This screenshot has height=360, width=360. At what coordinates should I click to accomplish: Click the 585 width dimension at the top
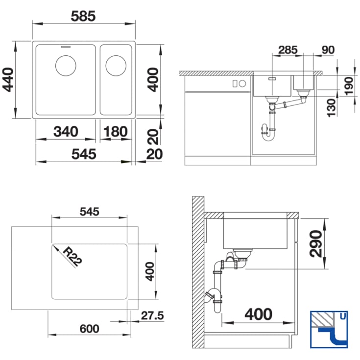(x=83, y=16)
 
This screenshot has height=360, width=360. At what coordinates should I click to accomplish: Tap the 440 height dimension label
(x=8, y=80)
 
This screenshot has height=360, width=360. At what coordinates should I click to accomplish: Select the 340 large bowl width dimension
(x=66, y=132)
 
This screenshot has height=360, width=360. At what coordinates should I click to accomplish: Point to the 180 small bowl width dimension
(x=116, y=132)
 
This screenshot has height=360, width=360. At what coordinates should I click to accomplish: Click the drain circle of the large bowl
(x=66, y=66)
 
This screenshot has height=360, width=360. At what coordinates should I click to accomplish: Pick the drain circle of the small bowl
(x=116, y=66)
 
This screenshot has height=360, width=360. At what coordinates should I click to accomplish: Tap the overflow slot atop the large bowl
(x=66, y=47)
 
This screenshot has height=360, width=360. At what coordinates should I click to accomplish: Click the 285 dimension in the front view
(x=288, y=50)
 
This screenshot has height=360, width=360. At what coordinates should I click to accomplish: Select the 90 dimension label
(x=328, y=50)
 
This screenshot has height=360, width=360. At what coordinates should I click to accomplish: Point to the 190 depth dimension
(x=349, y=86)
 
